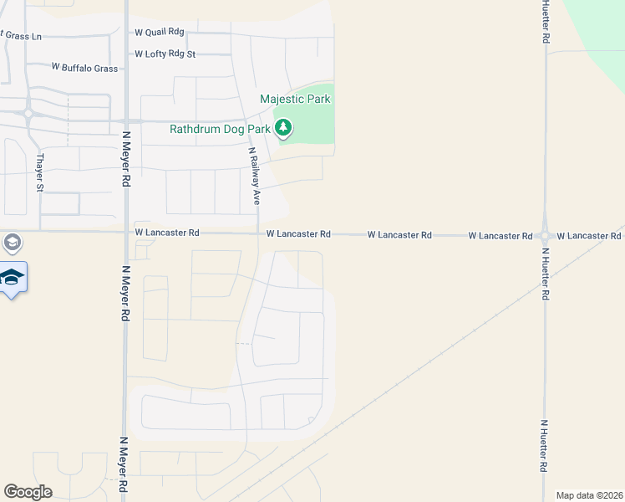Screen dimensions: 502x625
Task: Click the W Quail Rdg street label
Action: click(159, 33)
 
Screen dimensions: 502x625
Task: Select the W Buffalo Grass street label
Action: click(84, 67)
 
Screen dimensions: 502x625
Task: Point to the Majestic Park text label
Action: click(295, 99)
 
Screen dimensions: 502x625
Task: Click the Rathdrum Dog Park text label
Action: click(220, 129)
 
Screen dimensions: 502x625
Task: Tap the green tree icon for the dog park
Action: click(285, 128)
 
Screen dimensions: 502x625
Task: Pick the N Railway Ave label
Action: click(253, 177)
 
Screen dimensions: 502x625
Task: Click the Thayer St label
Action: click(39, 172)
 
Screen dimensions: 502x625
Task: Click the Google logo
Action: click(28, 492)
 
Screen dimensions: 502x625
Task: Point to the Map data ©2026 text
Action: click(588, 495)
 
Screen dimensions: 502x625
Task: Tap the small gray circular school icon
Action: click(12, 243)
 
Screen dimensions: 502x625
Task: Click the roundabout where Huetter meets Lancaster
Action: click(545, 236)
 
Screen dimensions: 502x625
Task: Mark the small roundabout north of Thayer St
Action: click(28, 113)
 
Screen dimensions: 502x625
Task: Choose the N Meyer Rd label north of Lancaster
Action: click(126, 157)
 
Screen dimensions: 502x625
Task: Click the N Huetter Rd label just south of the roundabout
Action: click(545, 273)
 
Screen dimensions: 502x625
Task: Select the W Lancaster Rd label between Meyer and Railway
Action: click(167, 233)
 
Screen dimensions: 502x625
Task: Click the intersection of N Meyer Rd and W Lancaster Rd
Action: click(126, 233)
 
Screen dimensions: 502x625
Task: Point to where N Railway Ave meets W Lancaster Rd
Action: click(256, 233)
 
